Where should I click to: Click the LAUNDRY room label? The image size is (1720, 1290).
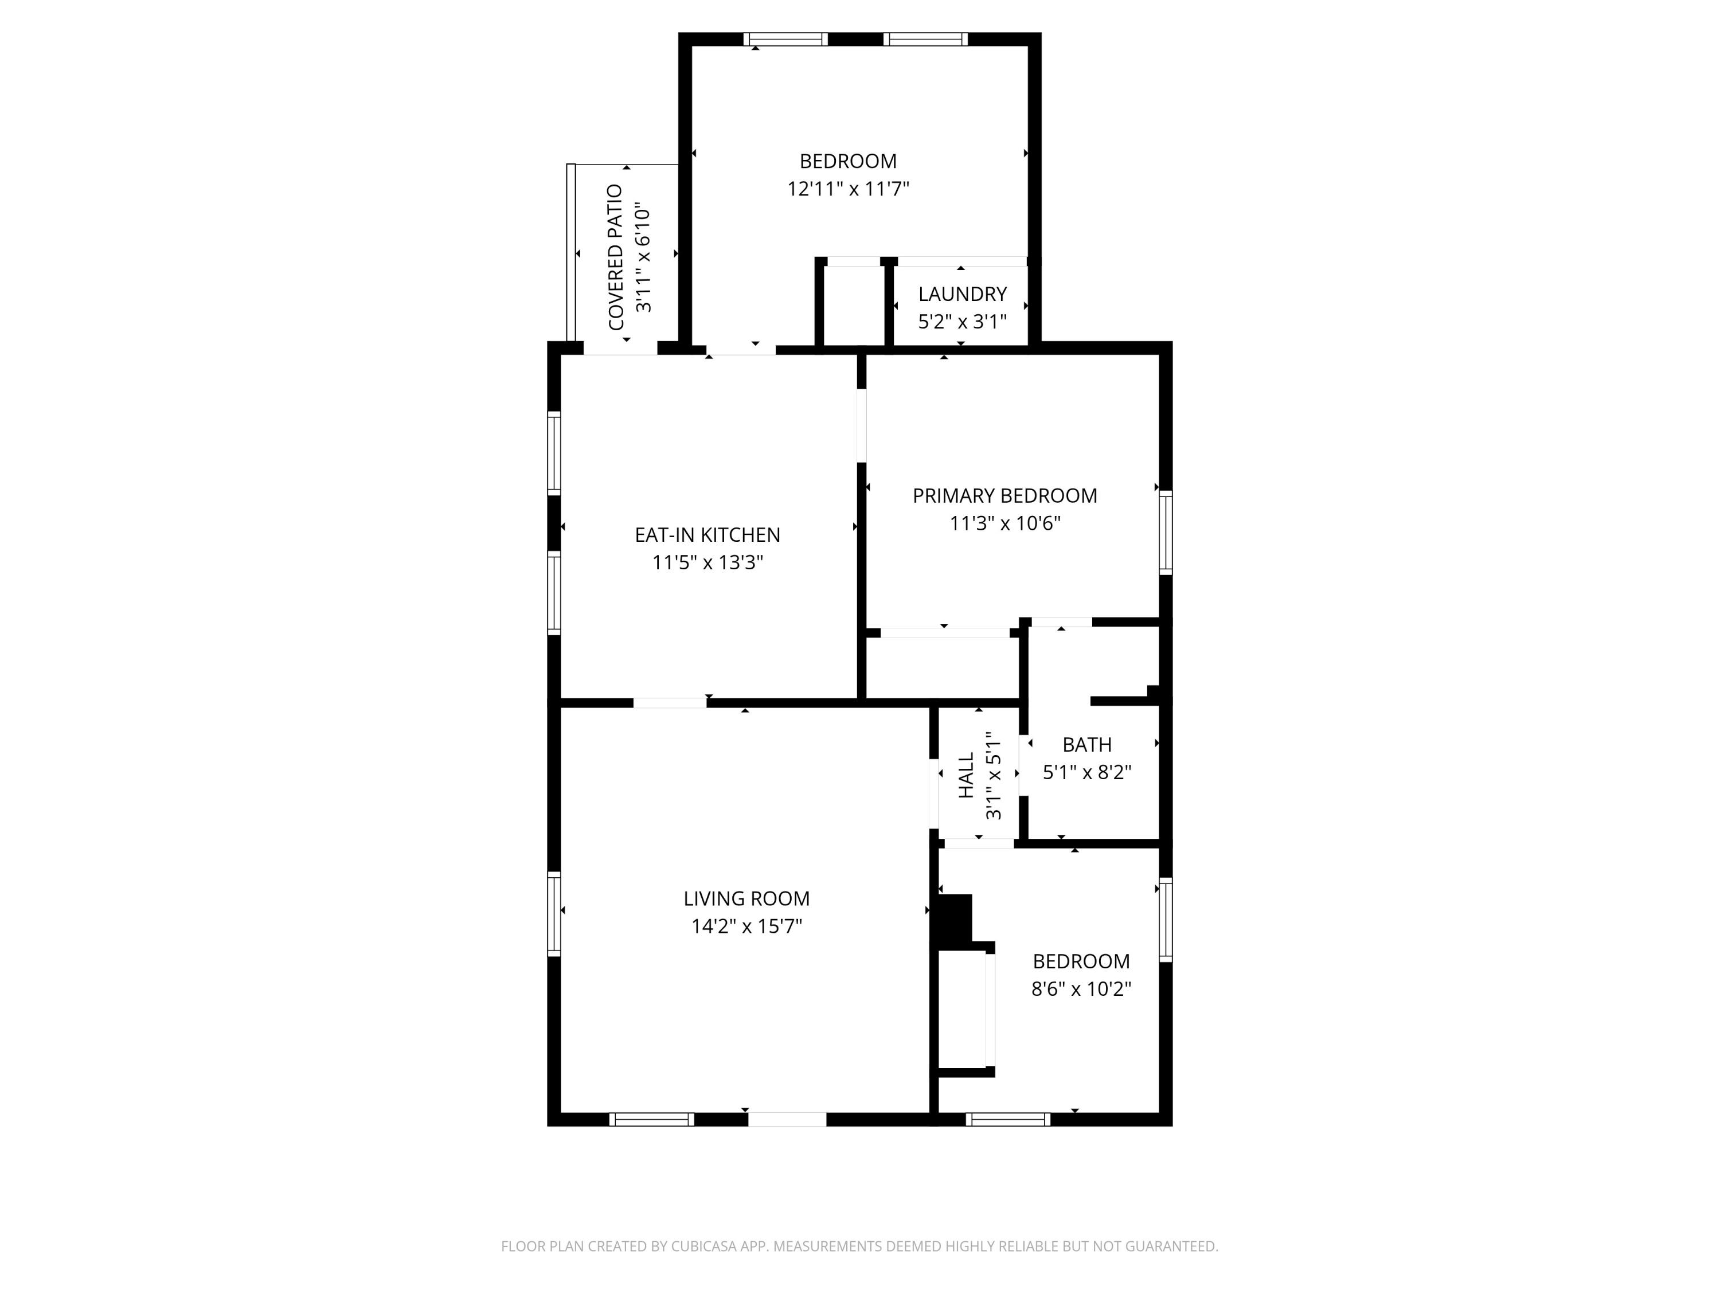tap(962, 294)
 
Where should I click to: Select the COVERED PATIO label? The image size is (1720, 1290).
tap(616, 257)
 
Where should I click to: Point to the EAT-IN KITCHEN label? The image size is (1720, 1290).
tap(707, 535)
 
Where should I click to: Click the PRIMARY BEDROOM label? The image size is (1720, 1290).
tap(1004, 495)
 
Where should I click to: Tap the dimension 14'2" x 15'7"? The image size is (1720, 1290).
tap(746, 926)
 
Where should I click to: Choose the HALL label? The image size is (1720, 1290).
tap(965, 775)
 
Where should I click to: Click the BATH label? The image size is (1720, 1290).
tap(1086, 745)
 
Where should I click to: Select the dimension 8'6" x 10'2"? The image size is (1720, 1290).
tap(1081, 989)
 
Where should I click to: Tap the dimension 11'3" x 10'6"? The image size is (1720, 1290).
tap(1004, 523)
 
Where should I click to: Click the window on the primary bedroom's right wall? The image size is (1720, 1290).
tap(1166, 533)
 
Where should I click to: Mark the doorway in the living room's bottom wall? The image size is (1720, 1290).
tap(787, 1120)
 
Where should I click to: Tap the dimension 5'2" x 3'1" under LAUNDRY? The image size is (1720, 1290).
tap(962, 322)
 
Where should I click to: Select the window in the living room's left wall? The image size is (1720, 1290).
tap(554, 914)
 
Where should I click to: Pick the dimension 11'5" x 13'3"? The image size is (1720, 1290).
tap(707, 562)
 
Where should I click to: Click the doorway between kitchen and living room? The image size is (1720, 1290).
tap(670, 703)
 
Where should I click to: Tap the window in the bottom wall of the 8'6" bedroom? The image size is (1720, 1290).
tap(1008, 1120)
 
